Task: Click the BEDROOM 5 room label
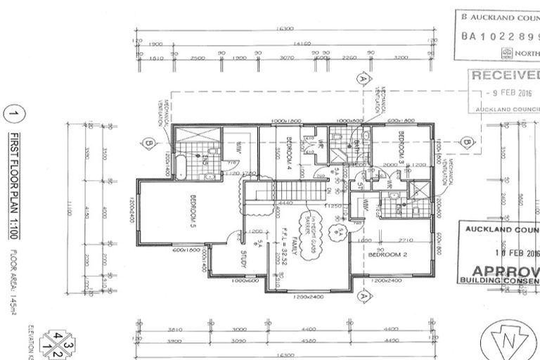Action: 191,212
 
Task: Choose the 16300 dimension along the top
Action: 285,29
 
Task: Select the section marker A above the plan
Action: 364,78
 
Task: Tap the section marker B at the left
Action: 148,144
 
